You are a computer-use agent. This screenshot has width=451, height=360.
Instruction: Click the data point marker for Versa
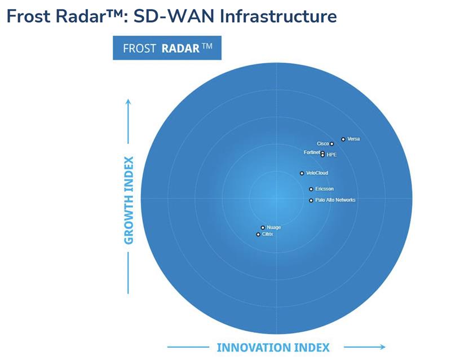[x=343, y=139]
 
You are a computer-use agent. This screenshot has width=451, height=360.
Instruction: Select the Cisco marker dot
[x=332, y=144]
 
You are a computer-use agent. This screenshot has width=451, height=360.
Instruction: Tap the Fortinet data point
[x=322, y=152]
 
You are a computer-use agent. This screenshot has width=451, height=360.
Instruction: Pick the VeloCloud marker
[x=302, y=173]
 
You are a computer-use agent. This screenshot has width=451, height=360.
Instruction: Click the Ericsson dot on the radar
[x=311, y=189]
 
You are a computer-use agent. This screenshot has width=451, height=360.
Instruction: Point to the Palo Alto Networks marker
[x=311, y=200]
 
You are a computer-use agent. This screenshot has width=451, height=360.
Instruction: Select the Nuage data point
[x=263, y=227]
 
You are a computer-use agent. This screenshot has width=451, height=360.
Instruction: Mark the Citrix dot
[x=258, y=234]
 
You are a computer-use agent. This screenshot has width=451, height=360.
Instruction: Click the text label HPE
[x=331, y=155]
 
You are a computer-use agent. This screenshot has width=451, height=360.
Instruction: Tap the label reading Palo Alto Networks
[x=335, y=200]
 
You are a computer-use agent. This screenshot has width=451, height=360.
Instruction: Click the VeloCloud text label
[x=317, y=173]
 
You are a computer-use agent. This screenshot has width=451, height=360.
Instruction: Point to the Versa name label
[x=354, y=139]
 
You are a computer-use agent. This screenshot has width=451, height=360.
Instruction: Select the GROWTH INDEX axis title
[x=129, y=200]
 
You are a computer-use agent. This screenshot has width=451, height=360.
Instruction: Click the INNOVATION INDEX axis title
[x=273, y=347]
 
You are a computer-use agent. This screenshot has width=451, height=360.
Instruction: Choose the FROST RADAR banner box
[x=167, y=48]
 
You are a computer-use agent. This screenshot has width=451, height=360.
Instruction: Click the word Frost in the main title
[x=27, y=16]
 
